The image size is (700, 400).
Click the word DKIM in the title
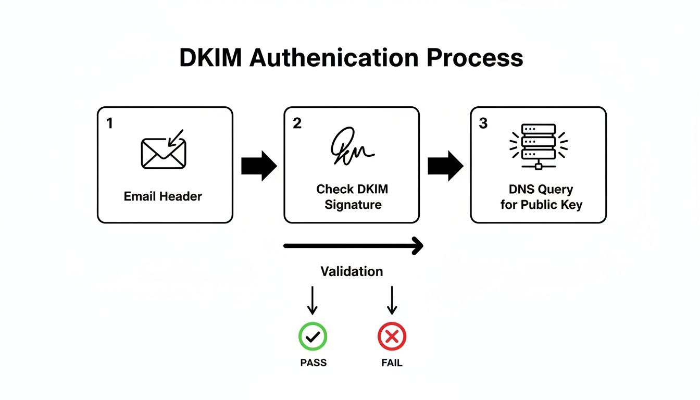pos(210,58)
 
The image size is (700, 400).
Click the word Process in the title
pos(475,58)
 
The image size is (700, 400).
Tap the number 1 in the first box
pos(109,123)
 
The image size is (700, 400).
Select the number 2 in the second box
pos(297,124)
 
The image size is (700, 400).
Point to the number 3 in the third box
pos(483,124)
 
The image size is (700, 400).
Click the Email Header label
pos(163,196)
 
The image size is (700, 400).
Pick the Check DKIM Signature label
pos(352,197)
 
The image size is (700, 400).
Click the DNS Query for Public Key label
pos(541,197)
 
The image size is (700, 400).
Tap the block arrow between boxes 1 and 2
pos(259,166)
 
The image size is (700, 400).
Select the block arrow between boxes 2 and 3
pos(445,166)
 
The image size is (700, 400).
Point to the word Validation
pos(352,271)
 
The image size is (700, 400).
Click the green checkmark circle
pos(312,336)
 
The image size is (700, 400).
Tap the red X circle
pos(392,336)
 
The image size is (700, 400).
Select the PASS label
pos(314,362)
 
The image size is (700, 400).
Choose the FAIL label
pos(392,362)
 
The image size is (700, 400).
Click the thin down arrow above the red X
pos(392,301)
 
